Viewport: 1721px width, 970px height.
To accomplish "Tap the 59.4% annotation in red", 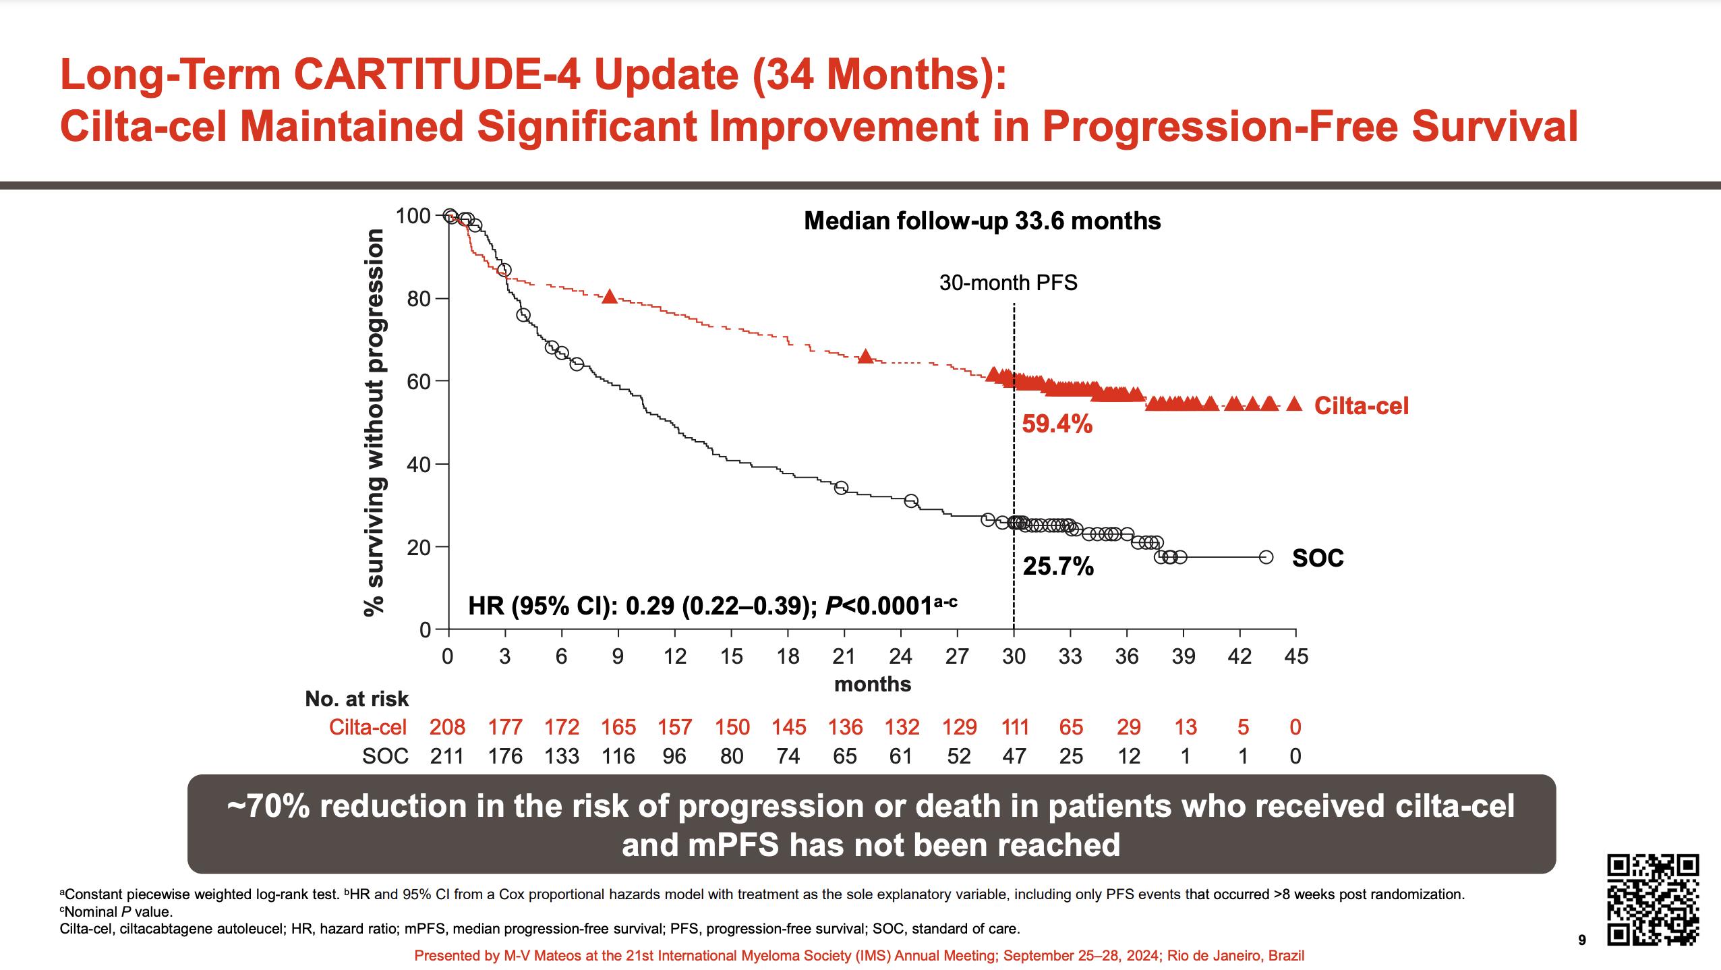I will [1057, 424].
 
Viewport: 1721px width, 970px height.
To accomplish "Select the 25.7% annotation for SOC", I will [1058, 567].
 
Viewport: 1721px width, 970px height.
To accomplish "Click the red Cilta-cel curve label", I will [1361, 405].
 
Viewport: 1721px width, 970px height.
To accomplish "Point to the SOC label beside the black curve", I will [1318, 558].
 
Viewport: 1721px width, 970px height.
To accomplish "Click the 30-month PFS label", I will [1008, 283].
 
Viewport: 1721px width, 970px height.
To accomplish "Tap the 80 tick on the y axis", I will [418, 299].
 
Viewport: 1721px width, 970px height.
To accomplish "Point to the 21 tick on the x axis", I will [844, 656].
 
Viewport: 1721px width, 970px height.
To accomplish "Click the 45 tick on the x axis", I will [1295, 656].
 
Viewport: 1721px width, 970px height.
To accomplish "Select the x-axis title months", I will [873, 684].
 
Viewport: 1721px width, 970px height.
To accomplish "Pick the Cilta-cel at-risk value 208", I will [447, 726].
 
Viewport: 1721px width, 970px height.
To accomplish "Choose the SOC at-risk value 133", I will [562, 756].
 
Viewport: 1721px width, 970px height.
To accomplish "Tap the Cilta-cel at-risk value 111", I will [1015, 726].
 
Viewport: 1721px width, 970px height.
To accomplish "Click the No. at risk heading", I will [357, 699].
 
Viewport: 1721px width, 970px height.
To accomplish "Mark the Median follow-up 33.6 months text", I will [982, 221].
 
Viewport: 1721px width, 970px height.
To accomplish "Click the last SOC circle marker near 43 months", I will [1266, 557].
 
